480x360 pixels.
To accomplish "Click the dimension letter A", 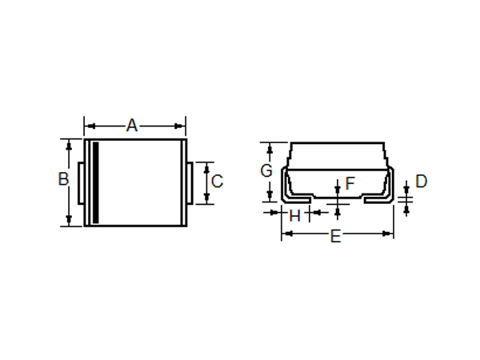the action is tap(132, 126).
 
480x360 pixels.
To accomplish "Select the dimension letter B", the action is tap(63, 179).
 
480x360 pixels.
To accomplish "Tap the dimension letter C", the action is tap(217, 182).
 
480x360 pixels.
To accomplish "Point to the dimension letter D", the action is tap(422, 182).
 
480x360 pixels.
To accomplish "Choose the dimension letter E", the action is tap(336, 236).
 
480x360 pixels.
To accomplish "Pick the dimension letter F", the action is tap(350, 183).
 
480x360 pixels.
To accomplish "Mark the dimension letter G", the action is tap(266, 170).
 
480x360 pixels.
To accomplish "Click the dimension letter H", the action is tap(294, 216).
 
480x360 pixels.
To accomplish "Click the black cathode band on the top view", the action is tap(96, 182).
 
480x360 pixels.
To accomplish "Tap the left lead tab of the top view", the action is tap(81, 183).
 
